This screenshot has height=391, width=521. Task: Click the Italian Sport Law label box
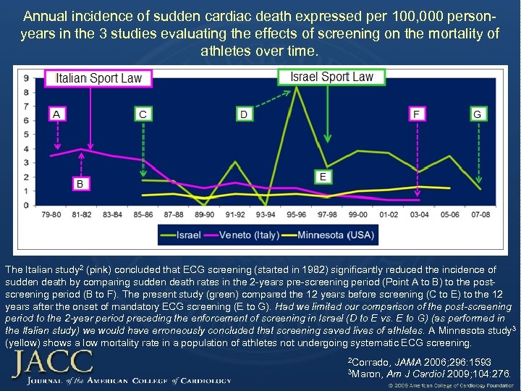100,78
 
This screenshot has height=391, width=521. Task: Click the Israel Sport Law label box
331,77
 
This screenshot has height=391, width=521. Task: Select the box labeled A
56,114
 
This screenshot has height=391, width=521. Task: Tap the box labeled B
80,184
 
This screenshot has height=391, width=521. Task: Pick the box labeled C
143,114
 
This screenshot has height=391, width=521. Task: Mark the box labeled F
418,114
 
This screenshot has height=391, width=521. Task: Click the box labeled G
477,114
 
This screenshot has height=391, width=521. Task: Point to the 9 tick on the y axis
26,78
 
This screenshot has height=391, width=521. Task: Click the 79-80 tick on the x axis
51,215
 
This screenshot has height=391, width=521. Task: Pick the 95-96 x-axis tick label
297,215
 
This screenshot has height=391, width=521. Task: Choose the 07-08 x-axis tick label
480,215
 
